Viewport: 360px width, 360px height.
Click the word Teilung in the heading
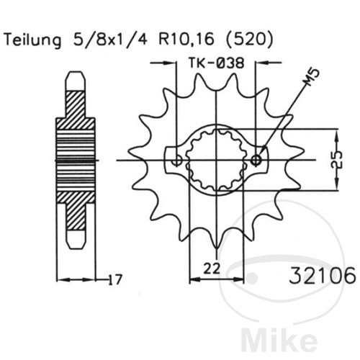[x=32, y=40]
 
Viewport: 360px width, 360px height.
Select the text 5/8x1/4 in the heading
[x=110, y=40]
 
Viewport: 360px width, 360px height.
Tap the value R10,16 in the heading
[x=186, y=40]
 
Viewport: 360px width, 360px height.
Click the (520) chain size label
[x=250, y=40]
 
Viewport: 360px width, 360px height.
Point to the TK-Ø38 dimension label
[x=216, y=63]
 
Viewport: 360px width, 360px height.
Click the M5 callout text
[x=311, y=77]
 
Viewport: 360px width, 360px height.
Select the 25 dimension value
[x=337, y=160]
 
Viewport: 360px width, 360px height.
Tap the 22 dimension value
[x=212, y=269]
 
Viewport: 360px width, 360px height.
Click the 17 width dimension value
[x=115, y=279]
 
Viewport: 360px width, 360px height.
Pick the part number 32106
[x=322, y=275]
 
